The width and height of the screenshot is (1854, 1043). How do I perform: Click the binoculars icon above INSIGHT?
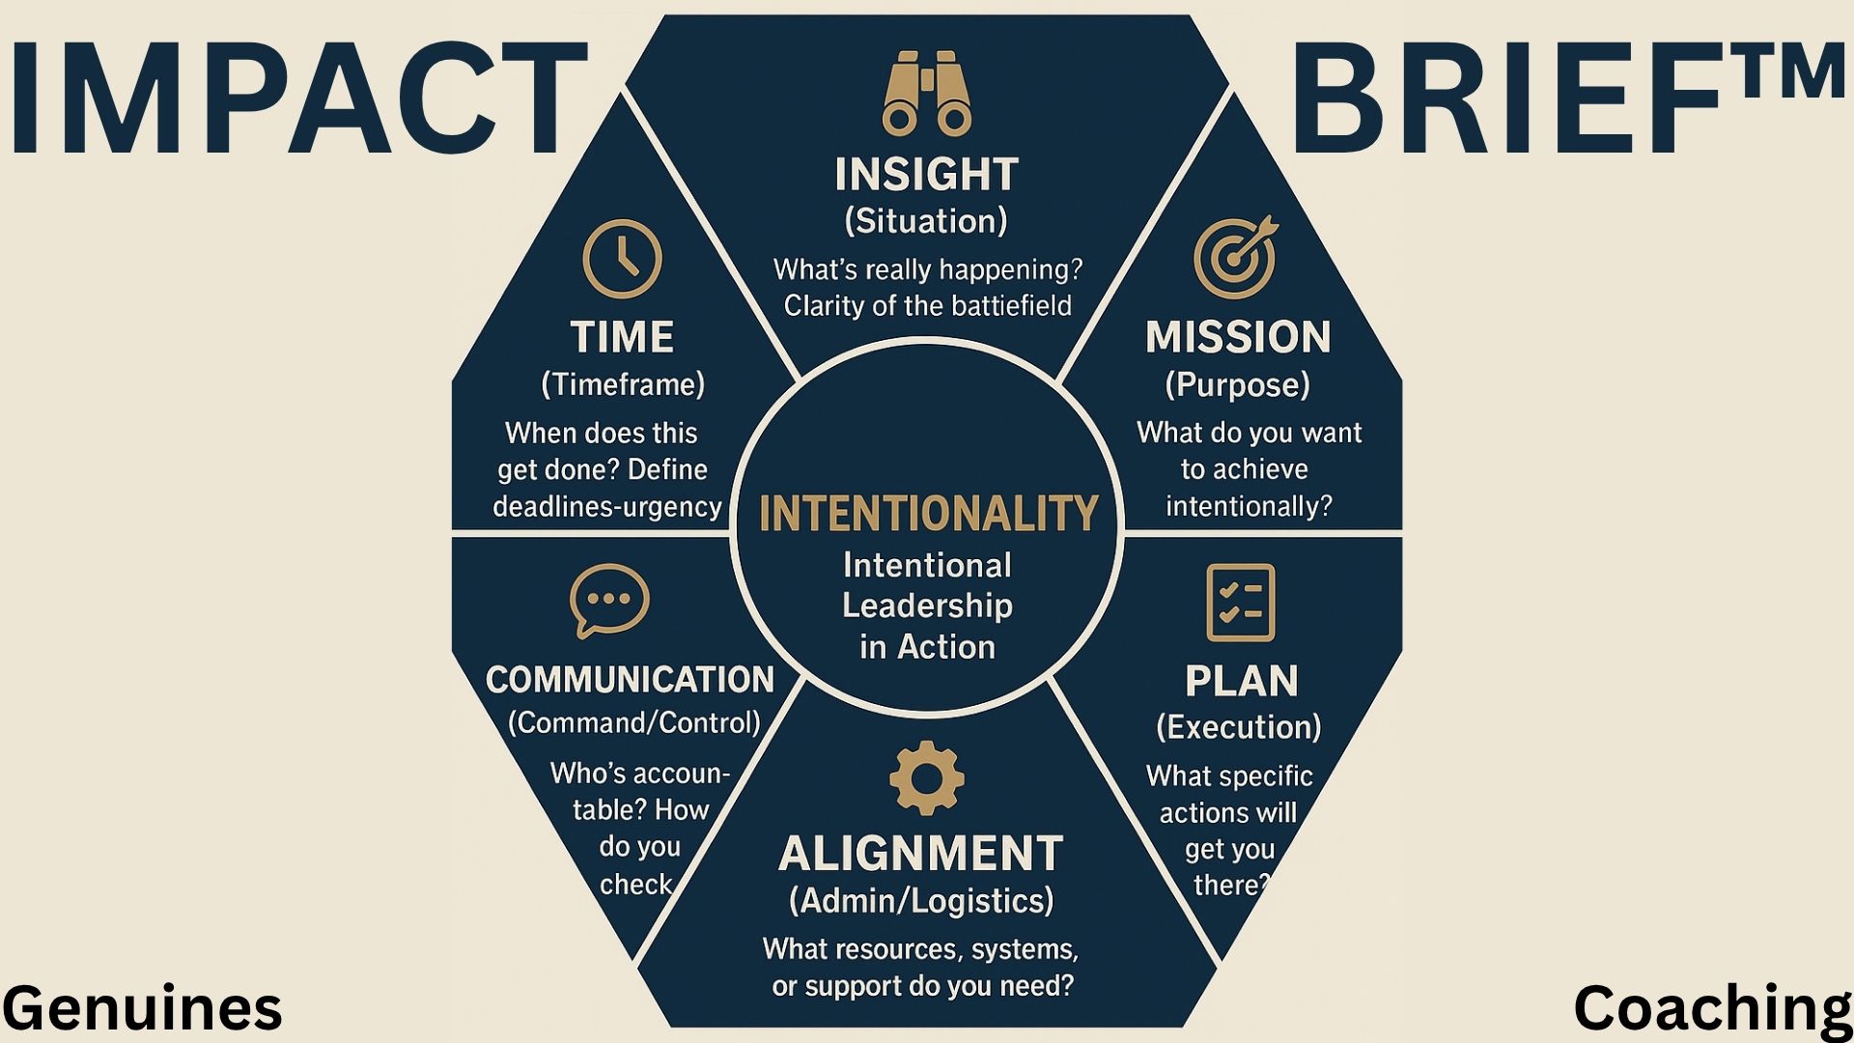pos(927,94)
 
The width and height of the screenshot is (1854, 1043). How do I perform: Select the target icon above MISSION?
pos(1236,257)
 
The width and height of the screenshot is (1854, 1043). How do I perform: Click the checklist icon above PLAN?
pos(1241,603)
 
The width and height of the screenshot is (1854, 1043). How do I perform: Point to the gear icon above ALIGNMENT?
pos(926,777)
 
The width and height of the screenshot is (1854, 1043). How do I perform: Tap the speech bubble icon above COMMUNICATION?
pos(609,601)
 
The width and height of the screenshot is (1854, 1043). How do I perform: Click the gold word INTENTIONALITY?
pos(929,514)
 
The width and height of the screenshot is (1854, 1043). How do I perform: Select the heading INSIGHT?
pos(927,175)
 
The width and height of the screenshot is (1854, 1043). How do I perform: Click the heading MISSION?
pos(1238,337)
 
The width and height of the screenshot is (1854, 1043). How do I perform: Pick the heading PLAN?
pos(1242,681)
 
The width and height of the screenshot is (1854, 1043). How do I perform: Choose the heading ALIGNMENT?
pos(920,854)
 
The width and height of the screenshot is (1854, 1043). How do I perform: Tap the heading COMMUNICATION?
pos(630,680)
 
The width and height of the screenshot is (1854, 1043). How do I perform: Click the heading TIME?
pos(623,337)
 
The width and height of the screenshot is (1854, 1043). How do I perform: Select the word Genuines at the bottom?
pos(143,1008)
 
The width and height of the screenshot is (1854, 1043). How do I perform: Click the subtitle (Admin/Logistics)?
pos(921,901)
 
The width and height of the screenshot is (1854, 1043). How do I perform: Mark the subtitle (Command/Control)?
pos(634,722)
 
